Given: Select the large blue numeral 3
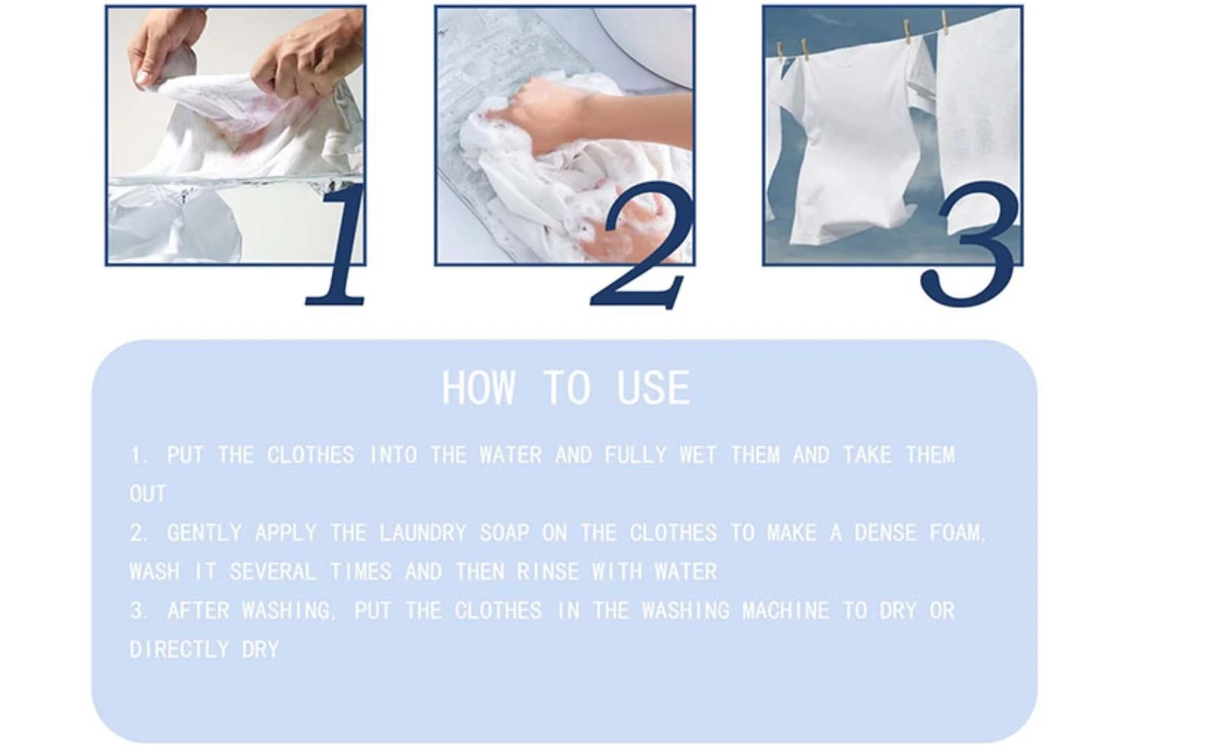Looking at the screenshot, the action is (970, 245).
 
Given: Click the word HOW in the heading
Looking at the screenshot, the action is (479, 388).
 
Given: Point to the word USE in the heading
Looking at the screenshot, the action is (653, 388).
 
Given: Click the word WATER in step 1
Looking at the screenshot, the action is (511, 456).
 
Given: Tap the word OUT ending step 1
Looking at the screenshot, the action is (148, 494).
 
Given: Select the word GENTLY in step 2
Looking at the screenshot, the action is (205, 534).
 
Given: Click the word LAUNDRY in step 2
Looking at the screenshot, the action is (423, 534).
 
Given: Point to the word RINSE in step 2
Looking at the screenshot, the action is (548, 572).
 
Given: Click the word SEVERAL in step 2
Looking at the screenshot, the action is (273, 572).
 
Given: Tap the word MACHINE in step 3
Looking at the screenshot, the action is (785, 611).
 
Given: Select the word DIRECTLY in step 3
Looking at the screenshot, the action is (179, 649).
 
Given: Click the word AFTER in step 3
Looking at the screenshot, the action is (198, 611).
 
